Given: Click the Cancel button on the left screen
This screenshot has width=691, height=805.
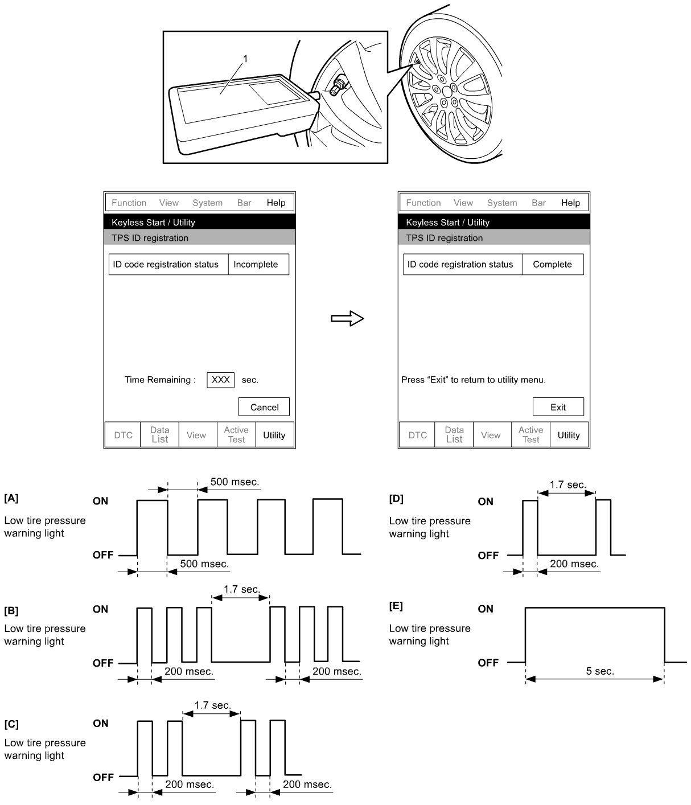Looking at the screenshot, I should tap(264, 407).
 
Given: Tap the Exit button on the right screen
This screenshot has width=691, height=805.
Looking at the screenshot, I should tap(558, 407).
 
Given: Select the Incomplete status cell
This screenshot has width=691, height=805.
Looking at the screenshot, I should tap(256, 264).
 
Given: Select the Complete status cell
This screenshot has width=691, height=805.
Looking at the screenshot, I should tap(552, 264).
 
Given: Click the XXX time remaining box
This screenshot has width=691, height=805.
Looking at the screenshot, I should tap(220, 380).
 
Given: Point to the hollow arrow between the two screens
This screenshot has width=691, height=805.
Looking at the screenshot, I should tap(347, 318).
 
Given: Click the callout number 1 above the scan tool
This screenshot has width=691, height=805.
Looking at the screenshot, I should tap(245, 58).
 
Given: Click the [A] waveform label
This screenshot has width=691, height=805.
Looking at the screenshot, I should tap(11, 498).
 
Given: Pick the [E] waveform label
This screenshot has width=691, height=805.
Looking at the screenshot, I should tap(396, 606).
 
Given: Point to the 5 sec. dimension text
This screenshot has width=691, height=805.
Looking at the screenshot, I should tap(600, 671).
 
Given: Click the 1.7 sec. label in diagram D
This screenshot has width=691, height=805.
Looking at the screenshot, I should tap(567, 484).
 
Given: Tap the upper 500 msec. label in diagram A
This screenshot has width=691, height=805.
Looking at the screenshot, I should tap(235, 482).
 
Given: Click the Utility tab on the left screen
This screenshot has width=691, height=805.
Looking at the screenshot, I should tap(274, 435).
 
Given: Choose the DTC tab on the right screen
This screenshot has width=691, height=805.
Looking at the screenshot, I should tap(417, 435).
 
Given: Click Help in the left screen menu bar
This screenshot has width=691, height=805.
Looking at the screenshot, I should tap(276, 203).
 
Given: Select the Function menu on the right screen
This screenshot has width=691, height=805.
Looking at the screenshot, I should tap(423, 203).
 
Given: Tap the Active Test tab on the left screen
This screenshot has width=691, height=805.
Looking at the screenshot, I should tap(236, 434).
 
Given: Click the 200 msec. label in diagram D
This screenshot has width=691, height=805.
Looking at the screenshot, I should tap(574, 564).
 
